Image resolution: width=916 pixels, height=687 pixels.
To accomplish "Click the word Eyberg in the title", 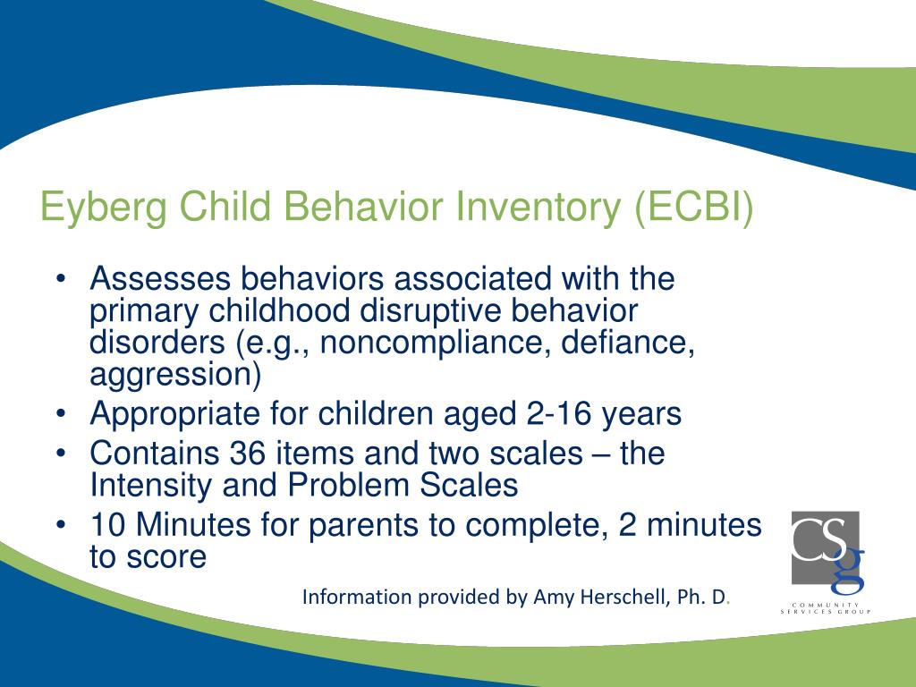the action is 104,208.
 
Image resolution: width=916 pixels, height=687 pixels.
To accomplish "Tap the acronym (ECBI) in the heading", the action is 694,208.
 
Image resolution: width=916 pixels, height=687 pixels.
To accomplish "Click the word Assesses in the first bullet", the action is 160,278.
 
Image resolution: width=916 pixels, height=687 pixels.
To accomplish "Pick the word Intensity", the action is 150,486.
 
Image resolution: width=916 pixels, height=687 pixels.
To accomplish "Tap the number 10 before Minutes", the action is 108,524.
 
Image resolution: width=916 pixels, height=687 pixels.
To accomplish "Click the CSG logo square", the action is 825,547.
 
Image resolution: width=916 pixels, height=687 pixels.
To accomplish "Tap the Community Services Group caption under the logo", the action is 826,608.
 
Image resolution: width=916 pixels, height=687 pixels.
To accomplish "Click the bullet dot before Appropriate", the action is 61,413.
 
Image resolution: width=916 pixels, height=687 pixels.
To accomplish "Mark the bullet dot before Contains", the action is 61,453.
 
